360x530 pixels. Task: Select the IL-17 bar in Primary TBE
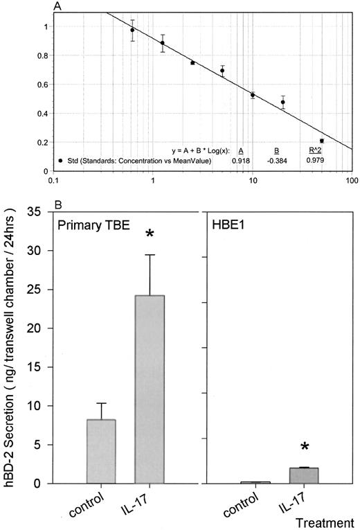[149, 389]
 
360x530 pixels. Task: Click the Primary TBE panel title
[94, 226]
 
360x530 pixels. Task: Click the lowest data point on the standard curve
[321, 141]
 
